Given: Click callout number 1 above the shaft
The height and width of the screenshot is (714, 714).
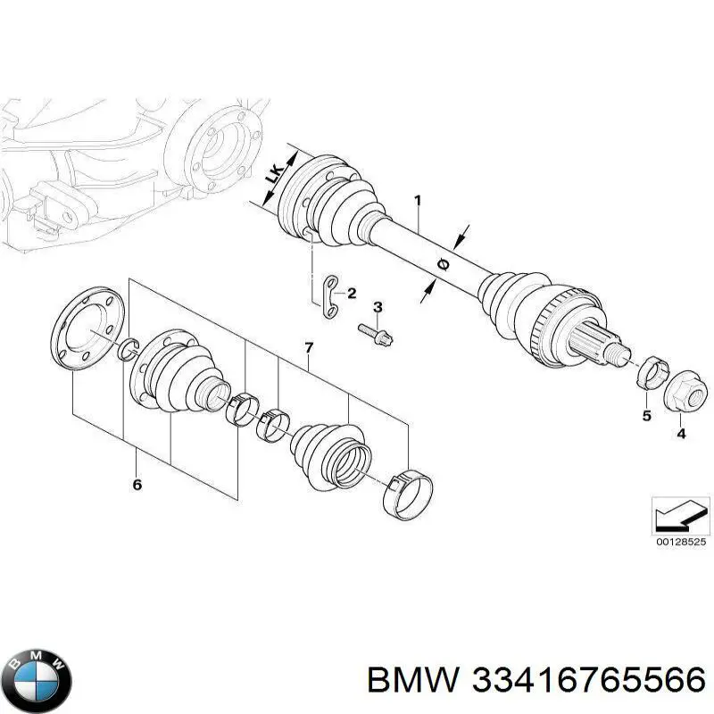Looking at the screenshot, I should coord(417,201).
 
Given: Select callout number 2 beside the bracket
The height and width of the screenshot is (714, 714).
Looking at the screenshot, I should coord(351,294).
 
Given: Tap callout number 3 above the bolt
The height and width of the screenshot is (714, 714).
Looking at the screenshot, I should coord(378,308).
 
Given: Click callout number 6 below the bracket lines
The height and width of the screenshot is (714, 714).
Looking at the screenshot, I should coord(137,486).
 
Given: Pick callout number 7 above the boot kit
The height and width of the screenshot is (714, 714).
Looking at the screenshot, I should coord(309,346).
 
